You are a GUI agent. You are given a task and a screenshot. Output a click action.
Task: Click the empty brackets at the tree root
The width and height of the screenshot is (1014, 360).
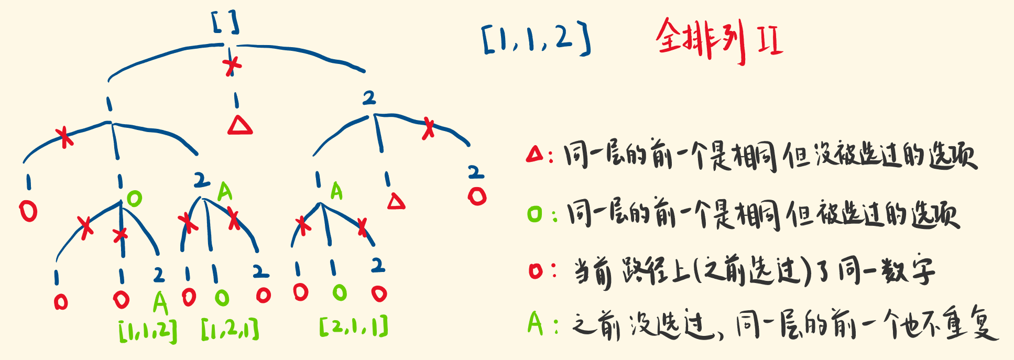point(226,23)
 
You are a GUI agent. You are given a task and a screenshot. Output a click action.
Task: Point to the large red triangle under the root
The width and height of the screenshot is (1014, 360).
point(240,125)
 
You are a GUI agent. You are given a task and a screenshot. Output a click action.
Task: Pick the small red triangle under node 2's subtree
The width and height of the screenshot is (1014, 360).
point(396,202)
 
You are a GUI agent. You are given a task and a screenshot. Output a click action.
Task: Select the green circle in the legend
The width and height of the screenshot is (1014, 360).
point(535,214)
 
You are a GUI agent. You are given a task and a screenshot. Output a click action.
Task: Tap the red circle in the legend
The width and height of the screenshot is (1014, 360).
point(535,271)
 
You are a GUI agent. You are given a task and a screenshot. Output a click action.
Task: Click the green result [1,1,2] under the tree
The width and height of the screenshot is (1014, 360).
point(148,331)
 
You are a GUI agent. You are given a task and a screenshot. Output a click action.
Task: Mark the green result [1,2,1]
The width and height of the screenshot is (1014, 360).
point(230,330)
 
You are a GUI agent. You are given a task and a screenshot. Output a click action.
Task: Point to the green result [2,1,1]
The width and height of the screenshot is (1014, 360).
point(354,326)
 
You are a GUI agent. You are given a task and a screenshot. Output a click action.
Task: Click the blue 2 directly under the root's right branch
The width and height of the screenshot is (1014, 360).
point(369,97)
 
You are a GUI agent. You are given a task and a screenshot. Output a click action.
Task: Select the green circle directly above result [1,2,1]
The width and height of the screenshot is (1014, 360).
point(222,298)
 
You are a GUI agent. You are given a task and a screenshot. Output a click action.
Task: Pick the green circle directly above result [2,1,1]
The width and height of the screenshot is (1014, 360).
point(340,292)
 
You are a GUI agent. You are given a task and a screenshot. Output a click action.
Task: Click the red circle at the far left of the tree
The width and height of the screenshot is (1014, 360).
point(28,211)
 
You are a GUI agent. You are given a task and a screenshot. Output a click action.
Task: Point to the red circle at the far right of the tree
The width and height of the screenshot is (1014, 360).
point(477,197)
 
